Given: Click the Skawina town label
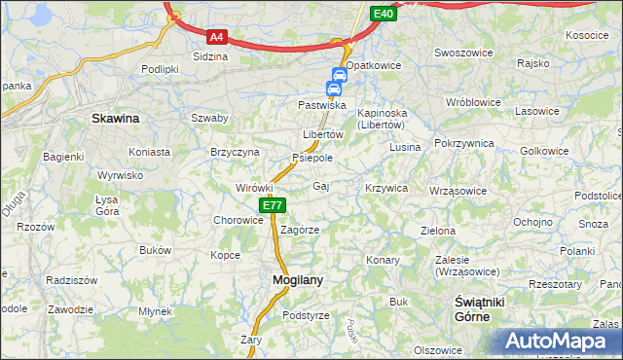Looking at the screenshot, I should (115, 118).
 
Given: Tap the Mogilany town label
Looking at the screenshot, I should (290, 280).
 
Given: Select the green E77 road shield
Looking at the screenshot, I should (272, 205).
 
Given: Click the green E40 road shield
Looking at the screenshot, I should (383, 14).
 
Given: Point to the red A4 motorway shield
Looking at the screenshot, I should (217, 38).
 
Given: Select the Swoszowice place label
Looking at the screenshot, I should (460, 53).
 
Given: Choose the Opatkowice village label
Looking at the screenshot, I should (374, 64).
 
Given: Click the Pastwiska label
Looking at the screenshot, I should (322, 104).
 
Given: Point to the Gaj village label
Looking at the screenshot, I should (321, 185).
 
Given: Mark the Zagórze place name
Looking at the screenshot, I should (300, 230).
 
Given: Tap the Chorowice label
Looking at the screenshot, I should (239, 220).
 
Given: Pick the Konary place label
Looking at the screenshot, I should (384, 261).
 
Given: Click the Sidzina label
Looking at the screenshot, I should (210, 56).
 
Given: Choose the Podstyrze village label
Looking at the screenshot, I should (306, 315).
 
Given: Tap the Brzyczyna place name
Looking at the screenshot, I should (235, 152).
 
